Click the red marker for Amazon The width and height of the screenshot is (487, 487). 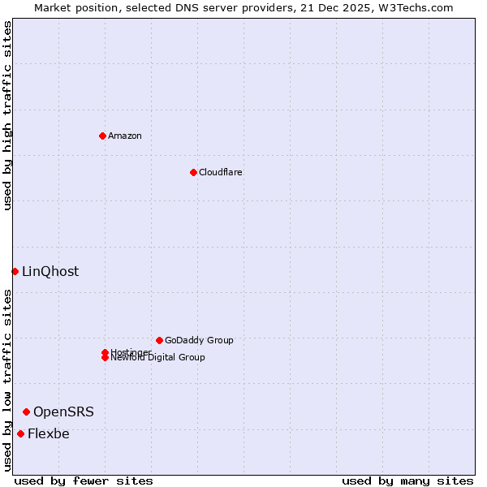click(102, 136)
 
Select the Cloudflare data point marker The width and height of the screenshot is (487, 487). click(193, 172)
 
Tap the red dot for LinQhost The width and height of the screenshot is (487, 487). click(15, 271)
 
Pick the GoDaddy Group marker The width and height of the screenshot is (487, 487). click(159, 340)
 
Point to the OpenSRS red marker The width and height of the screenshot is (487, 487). click(26, 412)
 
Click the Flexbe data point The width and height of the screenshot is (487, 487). click(20, 433)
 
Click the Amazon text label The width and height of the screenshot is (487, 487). click(124, 136)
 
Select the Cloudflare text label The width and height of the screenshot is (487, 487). click(220, 172)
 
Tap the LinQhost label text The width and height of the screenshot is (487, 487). click(50, 272)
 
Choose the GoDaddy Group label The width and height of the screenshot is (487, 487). click(199, 340)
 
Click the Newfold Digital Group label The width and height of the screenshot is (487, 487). click(157, 358)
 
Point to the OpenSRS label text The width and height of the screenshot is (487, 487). click(63, 412)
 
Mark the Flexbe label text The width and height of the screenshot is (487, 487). click(49, 433)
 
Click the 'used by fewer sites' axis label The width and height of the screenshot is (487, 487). click(84, 481)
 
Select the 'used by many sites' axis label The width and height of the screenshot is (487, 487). click(407, 481)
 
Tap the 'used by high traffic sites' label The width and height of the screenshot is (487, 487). click(8, 115)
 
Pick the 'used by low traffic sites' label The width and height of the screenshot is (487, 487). click(8, 380)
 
